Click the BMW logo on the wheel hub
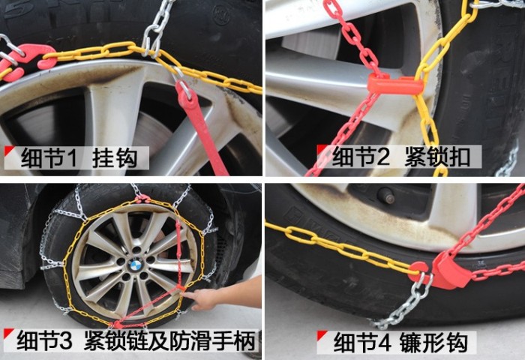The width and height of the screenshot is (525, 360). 136,266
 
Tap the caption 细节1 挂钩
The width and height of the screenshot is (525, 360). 79,157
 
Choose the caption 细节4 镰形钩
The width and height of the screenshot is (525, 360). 400,342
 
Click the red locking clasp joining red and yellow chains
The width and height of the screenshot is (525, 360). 395,85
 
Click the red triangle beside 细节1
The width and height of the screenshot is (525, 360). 9,151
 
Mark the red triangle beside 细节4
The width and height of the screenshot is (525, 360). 322,335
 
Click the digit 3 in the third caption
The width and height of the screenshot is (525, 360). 66,340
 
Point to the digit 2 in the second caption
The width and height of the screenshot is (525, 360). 383,157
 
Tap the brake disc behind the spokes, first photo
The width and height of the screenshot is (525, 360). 151,130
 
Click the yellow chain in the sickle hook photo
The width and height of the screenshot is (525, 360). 338,246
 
